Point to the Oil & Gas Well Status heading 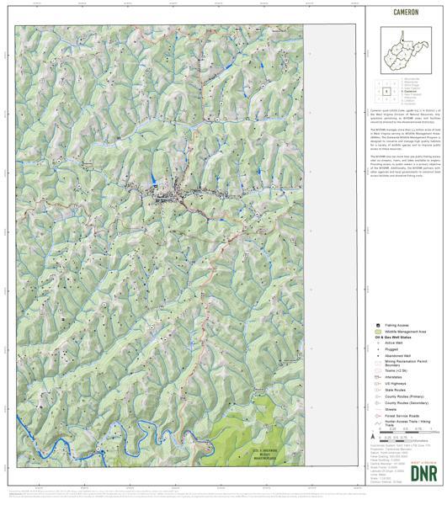point(393,338)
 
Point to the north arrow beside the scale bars point(373,439)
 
